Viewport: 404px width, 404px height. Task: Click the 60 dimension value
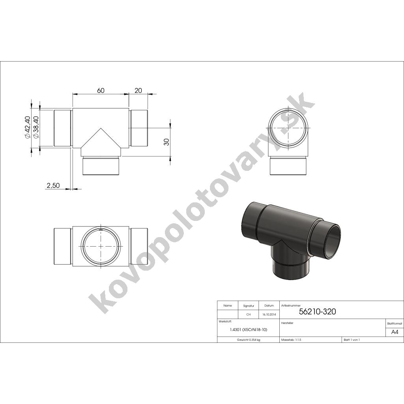[x=101, y=90]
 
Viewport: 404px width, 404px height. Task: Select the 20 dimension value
[x=138, y=90]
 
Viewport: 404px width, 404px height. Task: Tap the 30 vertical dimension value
[x=166, y=142]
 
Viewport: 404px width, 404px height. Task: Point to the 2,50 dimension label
[x=53, y=185]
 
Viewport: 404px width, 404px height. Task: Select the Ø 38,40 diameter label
[x=36, y=127]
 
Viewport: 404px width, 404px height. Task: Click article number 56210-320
[x=318, y=312]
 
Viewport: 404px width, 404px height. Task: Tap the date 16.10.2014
[x=269, y=314]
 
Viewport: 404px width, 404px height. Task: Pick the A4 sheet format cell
[x=395, y=332]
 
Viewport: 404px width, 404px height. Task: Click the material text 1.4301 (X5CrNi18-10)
[x=249, y=329]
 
